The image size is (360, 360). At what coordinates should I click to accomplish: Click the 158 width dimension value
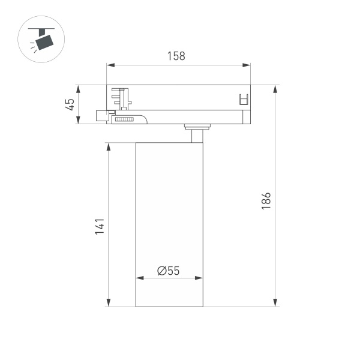pos(176,56)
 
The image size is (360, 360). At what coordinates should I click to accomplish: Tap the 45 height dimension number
pos(70,104)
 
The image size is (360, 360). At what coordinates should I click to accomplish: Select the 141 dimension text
pos(100,226)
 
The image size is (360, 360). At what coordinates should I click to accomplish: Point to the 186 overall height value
pos(267,200)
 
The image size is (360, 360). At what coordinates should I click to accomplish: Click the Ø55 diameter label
pos(169,271)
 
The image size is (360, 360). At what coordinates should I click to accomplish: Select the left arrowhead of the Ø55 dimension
pos(140,278)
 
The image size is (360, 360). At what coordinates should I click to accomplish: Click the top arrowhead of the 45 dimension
pos(79,88)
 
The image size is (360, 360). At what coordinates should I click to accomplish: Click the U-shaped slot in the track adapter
pos(244,100)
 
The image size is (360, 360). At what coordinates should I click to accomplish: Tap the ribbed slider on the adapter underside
pos(124,120)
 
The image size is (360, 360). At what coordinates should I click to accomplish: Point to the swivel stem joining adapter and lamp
pos(196,134)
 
